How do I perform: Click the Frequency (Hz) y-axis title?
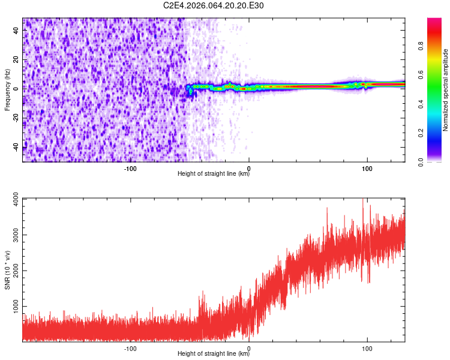(x=7, y=90)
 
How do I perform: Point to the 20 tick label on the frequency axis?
(x=16, y=60)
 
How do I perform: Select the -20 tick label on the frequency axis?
(x=16, y=118)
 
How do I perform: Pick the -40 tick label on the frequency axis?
(x=16, y=148)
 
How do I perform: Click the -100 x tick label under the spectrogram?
(x=130, y=168)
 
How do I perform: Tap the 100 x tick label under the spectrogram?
(x=367, y=168)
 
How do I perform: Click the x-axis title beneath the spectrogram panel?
(x=214, y=174)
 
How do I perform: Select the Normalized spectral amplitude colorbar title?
(x=446, y=90)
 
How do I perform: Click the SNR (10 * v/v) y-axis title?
(x=7, y=270)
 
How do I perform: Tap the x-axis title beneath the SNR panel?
(x=214, y=354)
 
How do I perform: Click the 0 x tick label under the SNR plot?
(x=249, y=348)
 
